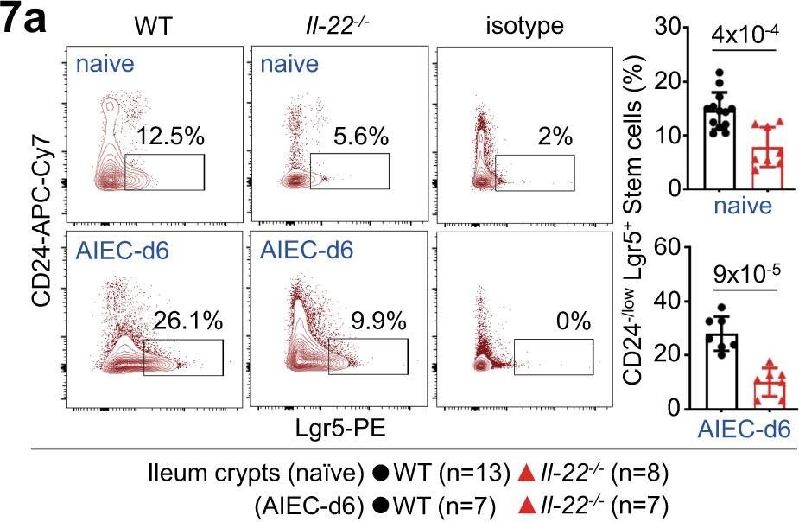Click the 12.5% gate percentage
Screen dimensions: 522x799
click(165, 137)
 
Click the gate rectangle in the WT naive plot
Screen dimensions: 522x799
click(164, 171)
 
